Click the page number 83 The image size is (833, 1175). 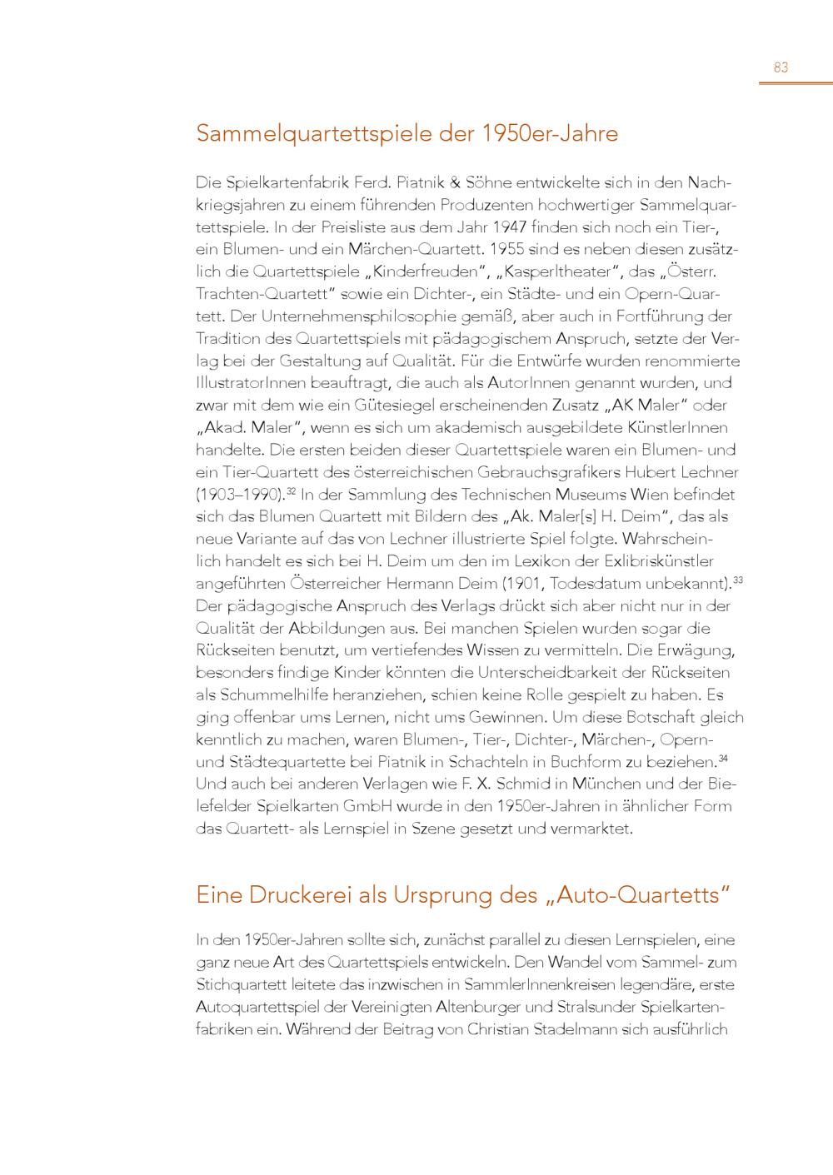pos(781,67)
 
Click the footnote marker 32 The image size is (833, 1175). pos(292,490)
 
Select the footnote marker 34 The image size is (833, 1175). pos(723,758)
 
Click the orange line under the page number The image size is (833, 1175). pos(796,83)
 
